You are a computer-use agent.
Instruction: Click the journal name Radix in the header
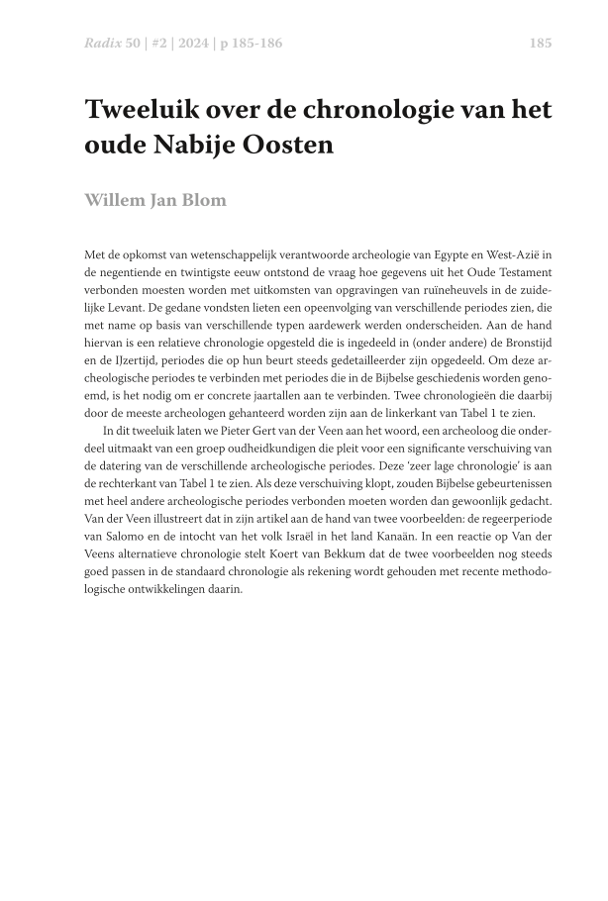coord(101,43)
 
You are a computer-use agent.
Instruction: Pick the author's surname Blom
coord(203,200)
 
